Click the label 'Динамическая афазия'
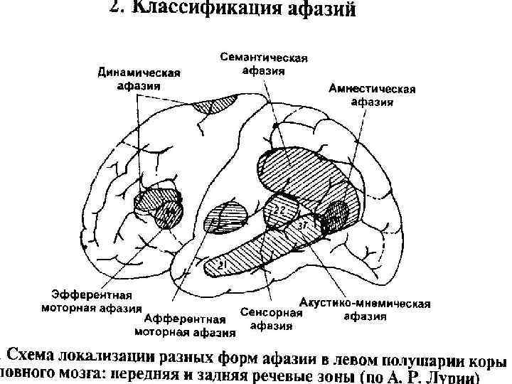(139, 80)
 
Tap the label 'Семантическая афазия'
(263, 64)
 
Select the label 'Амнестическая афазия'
(372, 95)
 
